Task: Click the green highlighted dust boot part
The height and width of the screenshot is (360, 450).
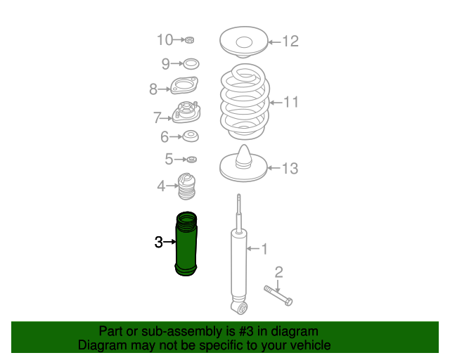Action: (x=186, y=244)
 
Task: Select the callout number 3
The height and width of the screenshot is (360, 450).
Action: (x=159, y=243)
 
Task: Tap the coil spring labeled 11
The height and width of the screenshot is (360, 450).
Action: (x=245, y=102)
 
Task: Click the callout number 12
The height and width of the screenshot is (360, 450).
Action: (x=290, y=41)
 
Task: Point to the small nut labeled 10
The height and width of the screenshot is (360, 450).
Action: (x=189, y=40)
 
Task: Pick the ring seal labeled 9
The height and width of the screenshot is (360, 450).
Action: (x=191, y=64)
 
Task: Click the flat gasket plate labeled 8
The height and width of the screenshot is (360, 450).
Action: (x=184, y=86)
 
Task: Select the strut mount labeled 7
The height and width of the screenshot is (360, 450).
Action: (x=186, y=112)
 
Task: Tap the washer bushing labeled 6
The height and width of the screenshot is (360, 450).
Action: (x=191, y=136)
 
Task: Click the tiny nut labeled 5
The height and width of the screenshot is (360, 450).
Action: (x=191, y=160)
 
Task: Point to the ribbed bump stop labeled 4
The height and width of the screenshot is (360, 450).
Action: (x=187, y=186)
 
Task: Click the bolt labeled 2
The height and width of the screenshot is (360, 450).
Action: (x=278, y=296)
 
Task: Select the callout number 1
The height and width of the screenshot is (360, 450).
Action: (x=264, y=249)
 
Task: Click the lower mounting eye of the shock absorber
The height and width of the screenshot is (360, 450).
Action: (x=240, y=308)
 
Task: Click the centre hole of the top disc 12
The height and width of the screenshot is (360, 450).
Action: (x=244, y=42)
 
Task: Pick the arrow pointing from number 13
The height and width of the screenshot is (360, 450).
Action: (x=274, y=168)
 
